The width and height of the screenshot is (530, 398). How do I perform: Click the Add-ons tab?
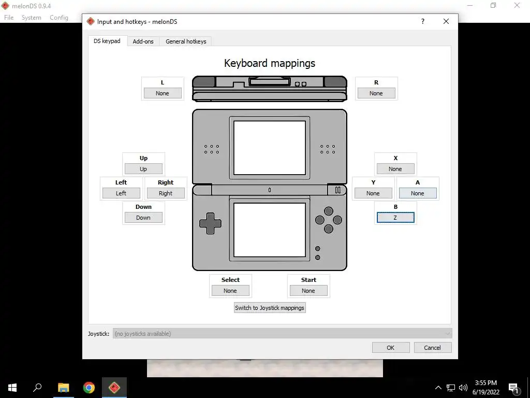[x=143, y=41]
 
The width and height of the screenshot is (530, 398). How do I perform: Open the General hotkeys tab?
[x=186, y=41]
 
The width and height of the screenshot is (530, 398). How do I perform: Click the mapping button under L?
[x=163, y=93]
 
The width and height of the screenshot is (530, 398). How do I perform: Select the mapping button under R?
[x=376, y=93]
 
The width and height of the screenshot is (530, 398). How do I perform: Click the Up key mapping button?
[x=143, y=169]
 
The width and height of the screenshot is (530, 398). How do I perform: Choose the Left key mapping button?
[x=121, y=193]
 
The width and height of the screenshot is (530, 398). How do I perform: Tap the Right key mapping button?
[x=166, y=193]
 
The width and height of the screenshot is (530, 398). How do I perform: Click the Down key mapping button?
[x=143, y=218]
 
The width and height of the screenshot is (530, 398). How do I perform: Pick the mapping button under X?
[x=395, y=169]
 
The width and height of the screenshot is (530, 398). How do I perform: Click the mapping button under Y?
[x=373, y=193]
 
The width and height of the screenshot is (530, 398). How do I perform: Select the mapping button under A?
[x=418, y=193]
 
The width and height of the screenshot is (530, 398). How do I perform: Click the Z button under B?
[x=395, y=218]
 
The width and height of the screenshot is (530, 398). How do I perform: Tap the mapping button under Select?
[x=230, y=291]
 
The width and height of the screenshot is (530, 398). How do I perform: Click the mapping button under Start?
[x=308, y=291]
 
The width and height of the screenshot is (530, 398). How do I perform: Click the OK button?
[x=391, y=348]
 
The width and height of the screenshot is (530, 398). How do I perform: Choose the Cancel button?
[x=433, y=348]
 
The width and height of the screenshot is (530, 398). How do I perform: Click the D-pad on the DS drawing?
[x=210, y=223]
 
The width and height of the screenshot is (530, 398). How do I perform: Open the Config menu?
[x=59, y=18]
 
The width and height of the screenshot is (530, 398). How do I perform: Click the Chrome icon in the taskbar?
[x=89, y=388]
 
